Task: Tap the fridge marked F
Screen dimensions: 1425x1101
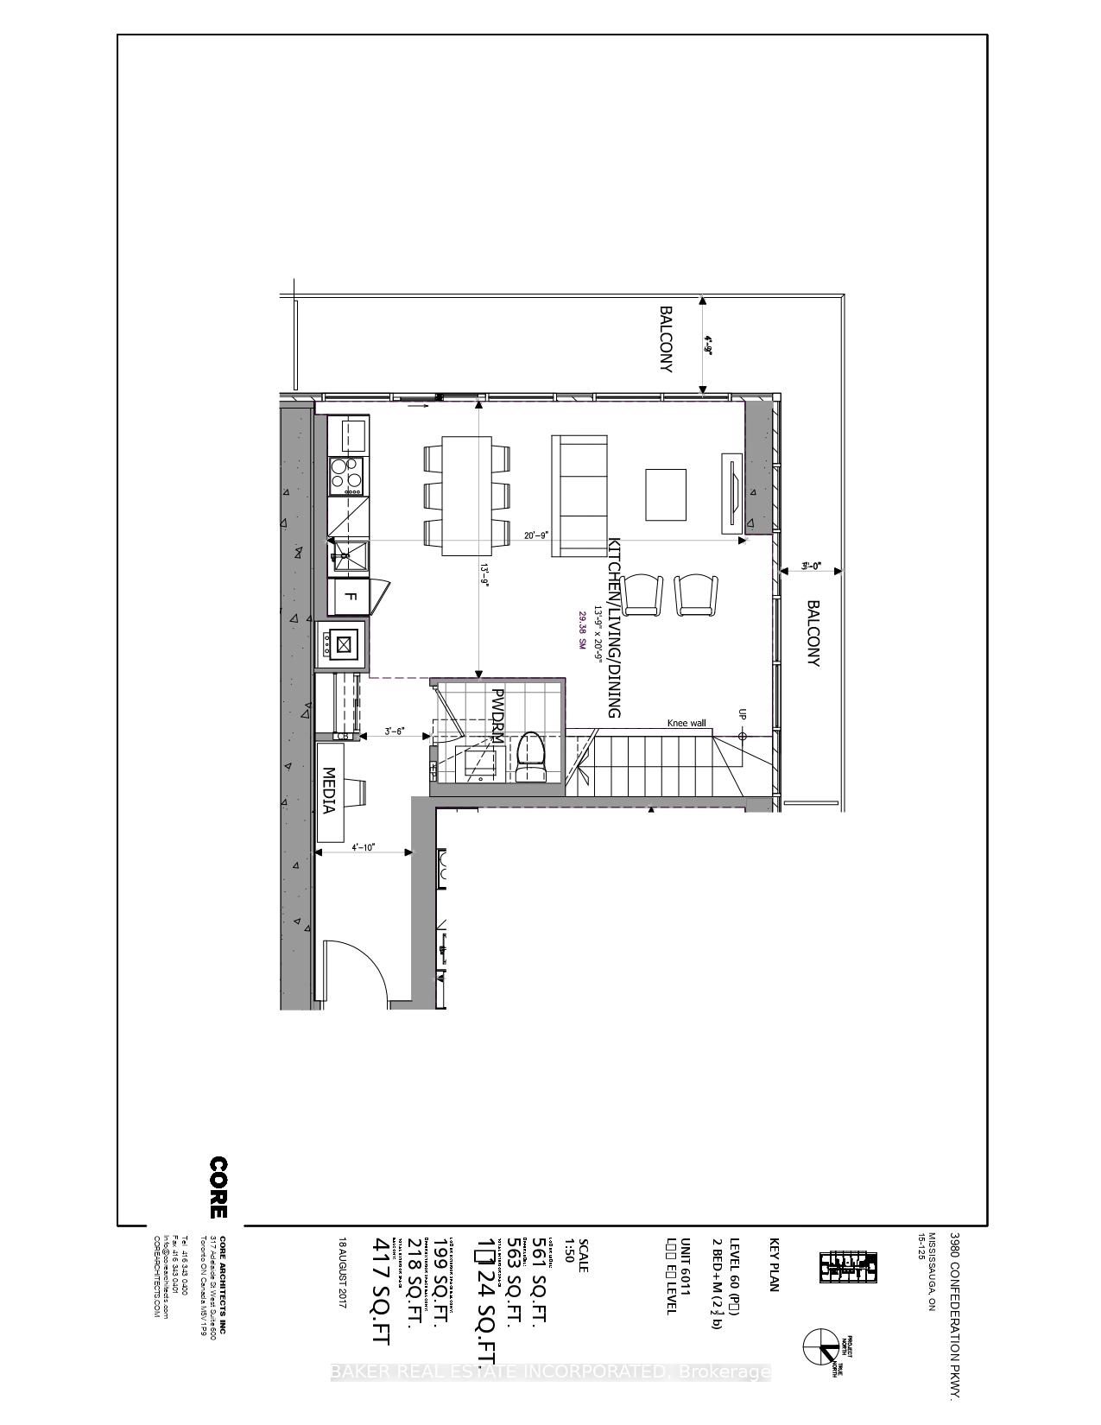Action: pos(350,595)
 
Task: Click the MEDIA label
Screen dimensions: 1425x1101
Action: pos(328,790)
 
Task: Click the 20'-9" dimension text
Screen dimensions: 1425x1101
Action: pos(536,535)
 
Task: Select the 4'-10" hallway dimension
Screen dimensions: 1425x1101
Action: pos(363,847)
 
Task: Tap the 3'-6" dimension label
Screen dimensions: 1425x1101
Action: pos(395,731)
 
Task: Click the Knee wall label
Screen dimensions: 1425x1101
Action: pos(687,723)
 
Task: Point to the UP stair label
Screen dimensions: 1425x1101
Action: pos(742,714)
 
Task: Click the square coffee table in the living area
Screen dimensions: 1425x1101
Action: pos(666,495)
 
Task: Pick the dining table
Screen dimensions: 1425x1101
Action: pos(467,496)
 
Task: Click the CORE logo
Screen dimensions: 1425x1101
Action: pos(219,1187)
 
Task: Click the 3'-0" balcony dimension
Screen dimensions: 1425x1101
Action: pos(810,567)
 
